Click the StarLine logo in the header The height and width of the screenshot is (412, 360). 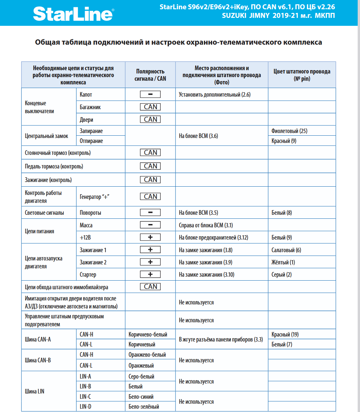[x=73, y=14]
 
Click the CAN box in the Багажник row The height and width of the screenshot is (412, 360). [x=150, y=107]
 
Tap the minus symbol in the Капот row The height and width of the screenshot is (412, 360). [x=150, y=94]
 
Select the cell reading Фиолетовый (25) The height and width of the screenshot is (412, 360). [x=289, y=131]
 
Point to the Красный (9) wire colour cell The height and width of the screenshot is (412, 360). [x=284, y=141]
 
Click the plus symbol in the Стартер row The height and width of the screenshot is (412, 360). [x=150, y=274]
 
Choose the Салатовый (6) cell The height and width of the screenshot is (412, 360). [x=286, y=250]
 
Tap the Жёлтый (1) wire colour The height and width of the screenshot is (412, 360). [x=283, y=262]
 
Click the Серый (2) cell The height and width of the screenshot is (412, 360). [x=281, y=275]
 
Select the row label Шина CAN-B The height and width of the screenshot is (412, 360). [x=38, y=360]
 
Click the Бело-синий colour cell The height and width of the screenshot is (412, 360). [x=141, y=396]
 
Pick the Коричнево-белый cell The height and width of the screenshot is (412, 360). [x=148, y=335]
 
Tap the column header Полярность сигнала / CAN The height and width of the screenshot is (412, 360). [x=150, y=75]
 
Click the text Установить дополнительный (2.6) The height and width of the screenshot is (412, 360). [x=215, y=95]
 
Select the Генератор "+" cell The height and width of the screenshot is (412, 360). [x=94, y=197]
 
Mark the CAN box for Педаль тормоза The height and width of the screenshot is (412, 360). [x=150, y=166]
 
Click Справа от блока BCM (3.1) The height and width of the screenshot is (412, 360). [x=206, y=225]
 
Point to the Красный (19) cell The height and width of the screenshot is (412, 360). [x=285, y=335]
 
